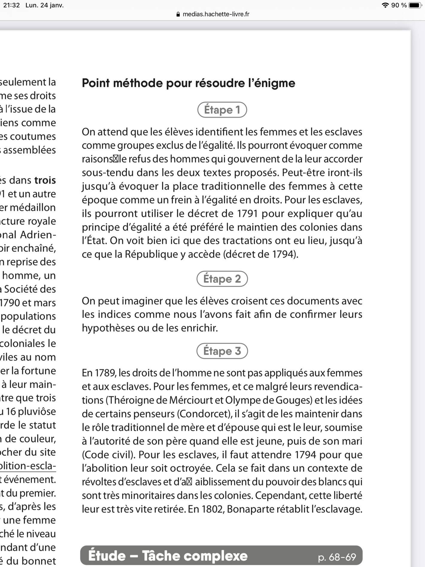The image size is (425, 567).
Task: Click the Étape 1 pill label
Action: tap(222, 110)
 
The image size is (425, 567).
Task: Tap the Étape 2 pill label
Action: tap(222, 279)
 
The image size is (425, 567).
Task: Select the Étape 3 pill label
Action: tap(222, 351)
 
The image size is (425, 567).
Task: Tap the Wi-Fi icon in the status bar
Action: tap(385, 5)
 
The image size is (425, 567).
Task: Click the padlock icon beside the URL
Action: tap(178, 14)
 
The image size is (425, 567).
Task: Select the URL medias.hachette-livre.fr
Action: tap(216, 14)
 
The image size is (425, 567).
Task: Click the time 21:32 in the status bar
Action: tap(11, 5)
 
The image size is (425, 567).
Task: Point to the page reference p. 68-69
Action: tap(337, 557)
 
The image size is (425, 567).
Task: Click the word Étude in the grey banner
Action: tap(107, 556)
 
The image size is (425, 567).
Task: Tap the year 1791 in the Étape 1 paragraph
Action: tap(247, 214)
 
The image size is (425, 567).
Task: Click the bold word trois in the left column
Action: tap(45, 180)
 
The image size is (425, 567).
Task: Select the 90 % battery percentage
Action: tap(399, 5)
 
